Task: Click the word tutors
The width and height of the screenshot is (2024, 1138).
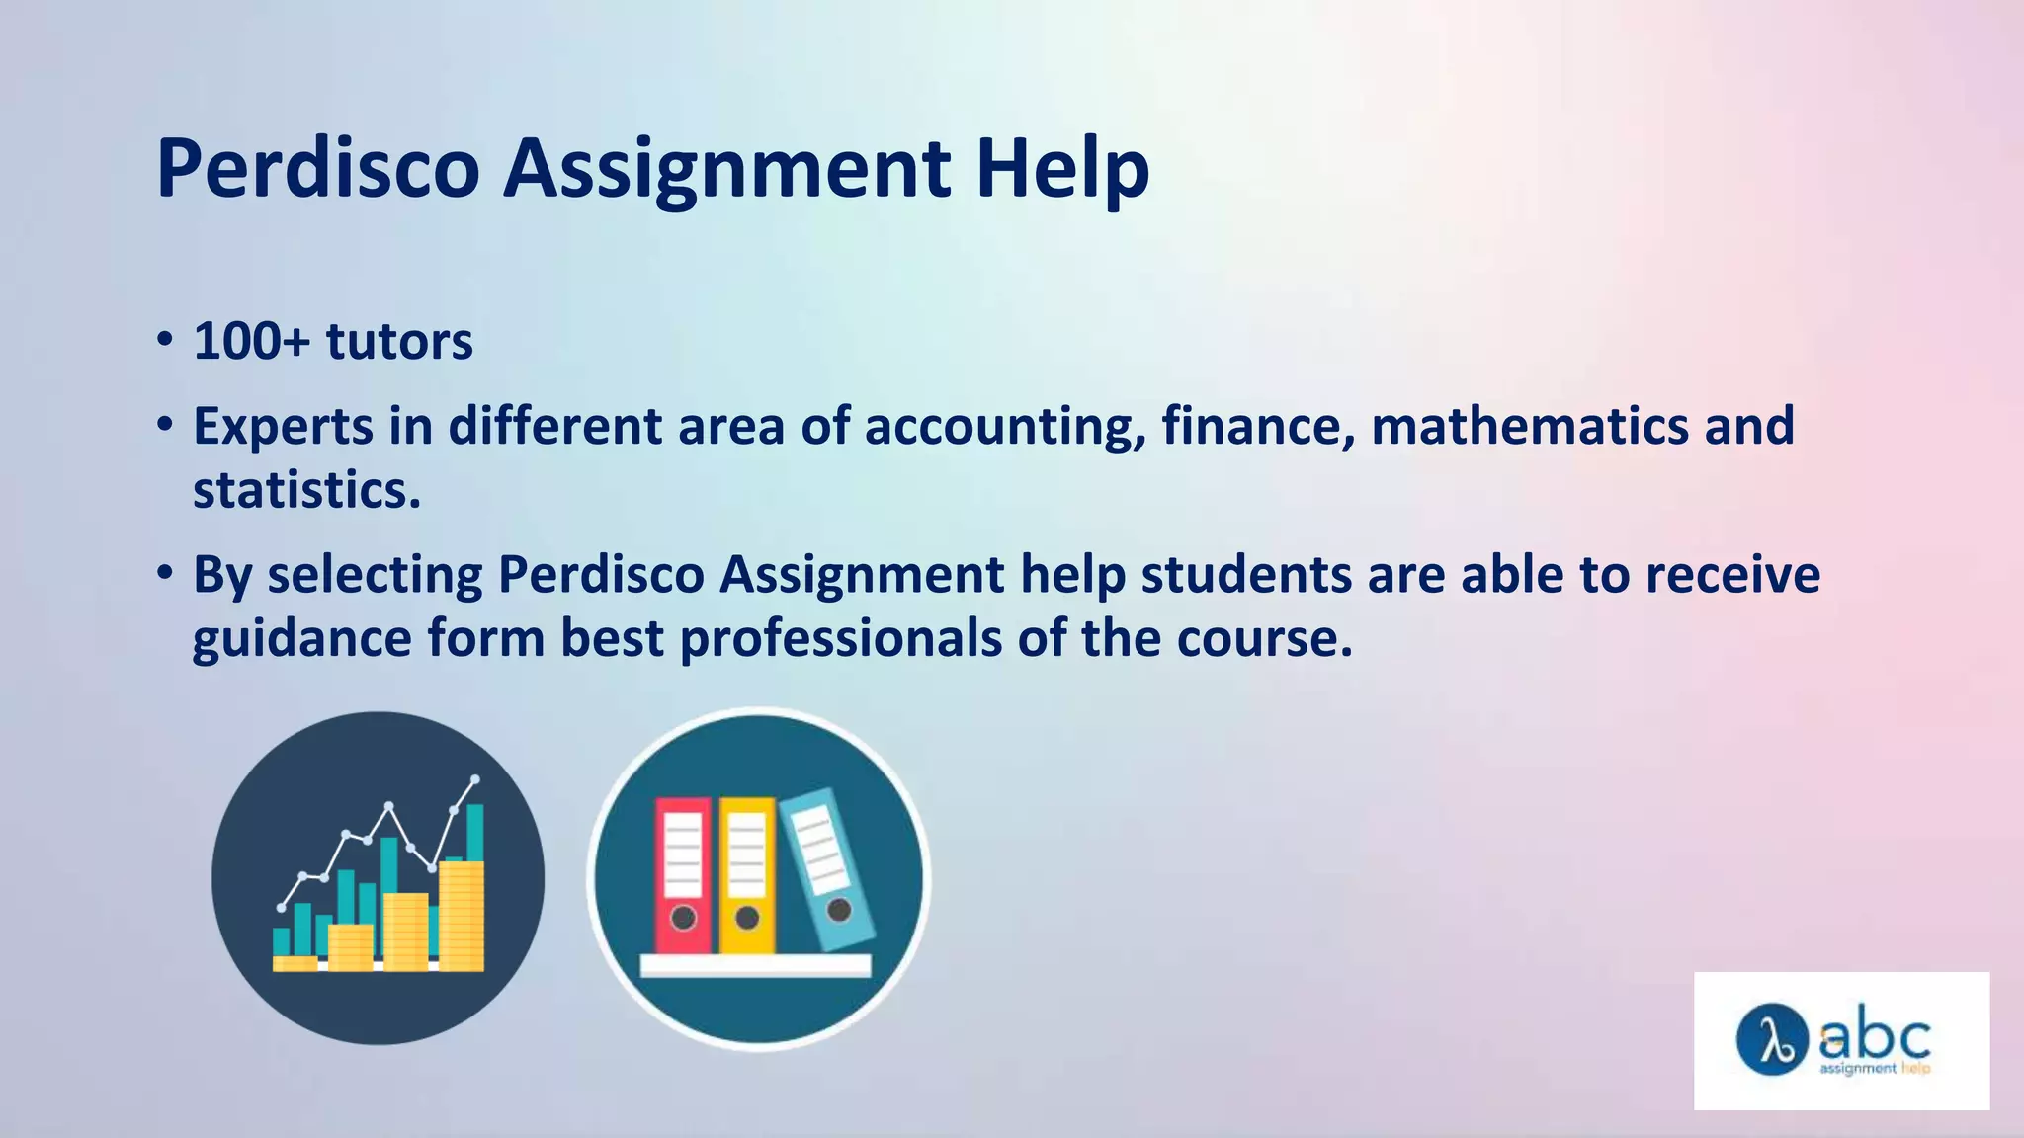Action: click(399, 342)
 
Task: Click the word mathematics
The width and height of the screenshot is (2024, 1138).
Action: click(1530, 426)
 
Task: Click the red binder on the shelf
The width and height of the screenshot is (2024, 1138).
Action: click(683, 874)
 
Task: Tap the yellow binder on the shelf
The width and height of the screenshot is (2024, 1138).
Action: click(746, 874)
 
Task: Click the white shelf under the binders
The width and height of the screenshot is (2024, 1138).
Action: click(756, 965)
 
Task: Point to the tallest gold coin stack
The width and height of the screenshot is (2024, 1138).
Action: click(462, 916)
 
